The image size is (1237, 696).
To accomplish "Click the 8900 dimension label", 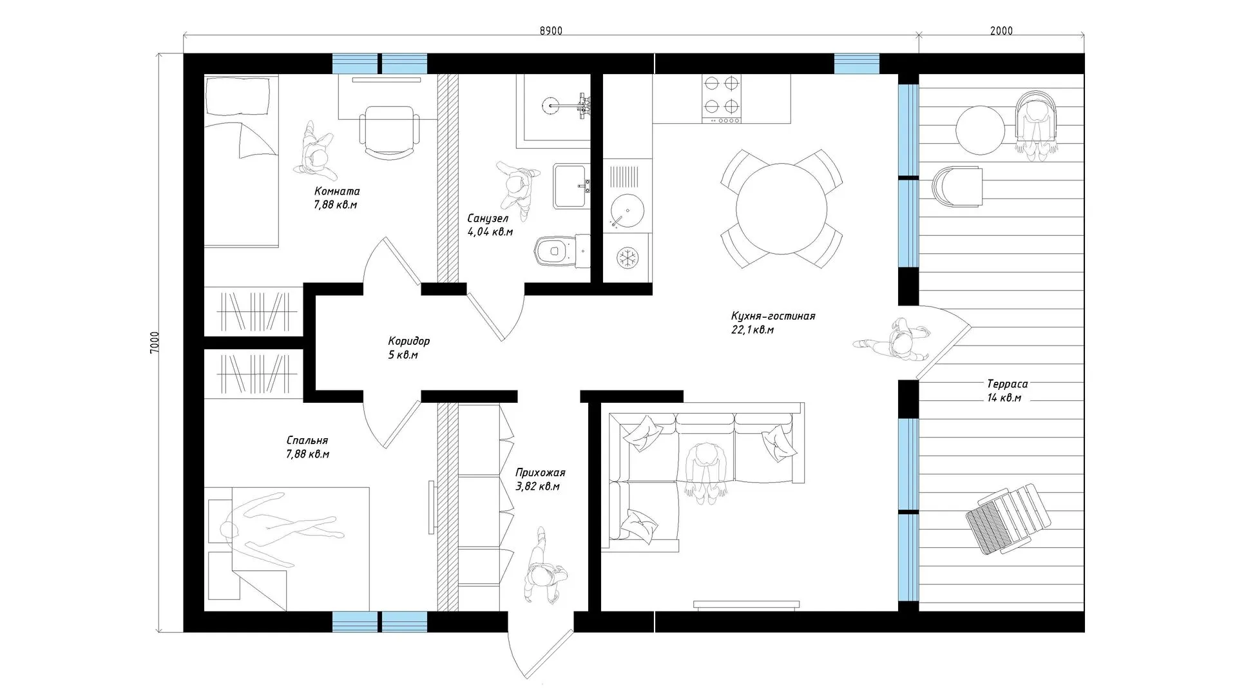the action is pos(551,31).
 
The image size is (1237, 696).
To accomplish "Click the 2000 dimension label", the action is pos(1001,31).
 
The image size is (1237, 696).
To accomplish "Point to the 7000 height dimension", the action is pos(154,343).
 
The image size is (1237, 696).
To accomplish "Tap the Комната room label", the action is pos(337,191).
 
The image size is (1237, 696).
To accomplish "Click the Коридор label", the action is pos(408,341).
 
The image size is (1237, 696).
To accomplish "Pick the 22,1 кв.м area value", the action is pos(753,330).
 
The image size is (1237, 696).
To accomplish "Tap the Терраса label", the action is pos(1007,384).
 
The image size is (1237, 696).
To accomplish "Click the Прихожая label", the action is pos(541,473).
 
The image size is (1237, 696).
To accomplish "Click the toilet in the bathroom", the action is pos(562,250).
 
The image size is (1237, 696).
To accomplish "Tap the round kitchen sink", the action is pos(624,212).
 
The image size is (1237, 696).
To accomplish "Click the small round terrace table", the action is pos(980,130).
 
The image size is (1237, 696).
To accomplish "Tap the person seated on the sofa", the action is pos(707,470).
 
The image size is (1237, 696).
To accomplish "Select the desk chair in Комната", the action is pos(389,132).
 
